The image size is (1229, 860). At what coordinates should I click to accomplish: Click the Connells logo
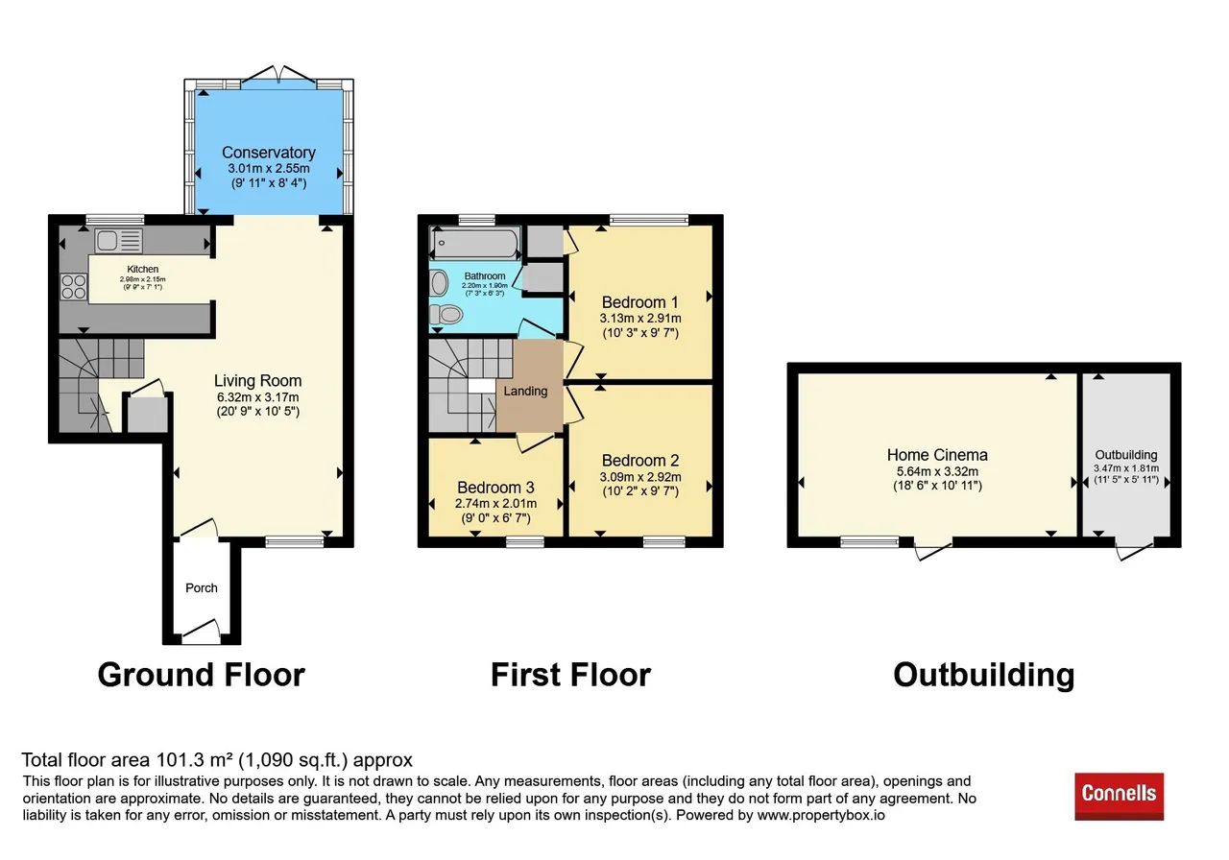[1119, 796]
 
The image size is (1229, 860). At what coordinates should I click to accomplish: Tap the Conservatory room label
[268, 153]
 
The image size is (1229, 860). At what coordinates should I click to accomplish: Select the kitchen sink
[118, 241]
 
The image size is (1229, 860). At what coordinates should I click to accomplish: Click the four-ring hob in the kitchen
[74, 287]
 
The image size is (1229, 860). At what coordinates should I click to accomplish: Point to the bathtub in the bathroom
[475, 243]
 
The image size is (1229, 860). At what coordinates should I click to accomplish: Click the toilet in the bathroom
[446, 314]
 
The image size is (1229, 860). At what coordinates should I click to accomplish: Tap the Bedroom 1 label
[639, 302]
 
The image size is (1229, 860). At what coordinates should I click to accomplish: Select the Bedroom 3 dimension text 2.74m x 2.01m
[495, 504]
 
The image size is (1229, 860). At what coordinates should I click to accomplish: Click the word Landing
[525, 391]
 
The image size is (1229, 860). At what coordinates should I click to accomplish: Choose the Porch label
[202, 588]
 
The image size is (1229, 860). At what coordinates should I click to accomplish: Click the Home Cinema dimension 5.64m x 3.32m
[937, 471]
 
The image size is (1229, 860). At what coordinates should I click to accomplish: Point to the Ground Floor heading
[202, 675]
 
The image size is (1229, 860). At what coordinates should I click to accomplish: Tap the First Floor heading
[570, 675]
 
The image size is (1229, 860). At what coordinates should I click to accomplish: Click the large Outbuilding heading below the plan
[984, 675]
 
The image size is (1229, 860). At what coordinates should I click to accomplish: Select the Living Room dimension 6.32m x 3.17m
[258, 397]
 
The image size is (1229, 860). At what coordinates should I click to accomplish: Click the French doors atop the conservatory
[278, 76]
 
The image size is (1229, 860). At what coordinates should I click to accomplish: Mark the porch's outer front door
[202, 632]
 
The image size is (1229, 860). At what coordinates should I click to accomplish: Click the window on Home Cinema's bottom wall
[870, 542]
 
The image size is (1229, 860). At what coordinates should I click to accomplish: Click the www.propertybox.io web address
[821, 815]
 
